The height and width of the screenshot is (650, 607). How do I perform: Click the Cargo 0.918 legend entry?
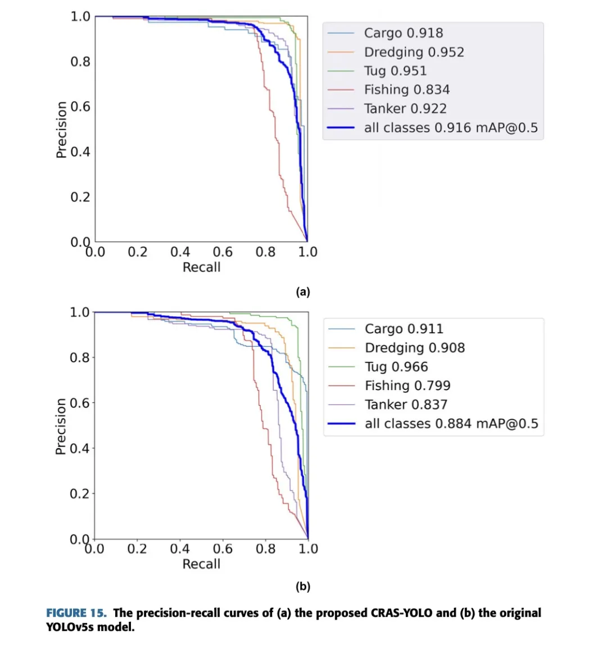[403, 33]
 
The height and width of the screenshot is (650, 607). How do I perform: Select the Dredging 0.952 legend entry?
[414, 52]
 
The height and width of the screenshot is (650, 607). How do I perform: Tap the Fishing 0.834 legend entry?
[406, 89]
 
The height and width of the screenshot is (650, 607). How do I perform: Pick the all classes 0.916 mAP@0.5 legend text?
[451, 128]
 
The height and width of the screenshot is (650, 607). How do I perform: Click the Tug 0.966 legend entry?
[396, 367]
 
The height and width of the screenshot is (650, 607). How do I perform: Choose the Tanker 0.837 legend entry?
[406, 405]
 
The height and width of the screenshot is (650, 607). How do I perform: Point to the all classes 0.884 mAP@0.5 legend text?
[451, 424]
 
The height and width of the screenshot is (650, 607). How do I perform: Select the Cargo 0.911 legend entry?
[404, 329]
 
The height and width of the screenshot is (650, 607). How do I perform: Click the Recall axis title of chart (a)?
[201, 267]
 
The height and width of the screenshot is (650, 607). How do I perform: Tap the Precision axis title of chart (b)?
[61, 426]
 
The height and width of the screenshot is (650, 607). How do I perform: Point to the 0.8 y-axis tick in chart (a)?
[80, 61]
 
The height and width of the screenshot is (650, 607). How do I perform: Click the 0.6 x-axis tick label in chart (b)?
[223, 549]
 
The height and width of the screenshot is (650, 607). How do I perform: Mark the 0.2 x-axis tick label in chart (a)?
[138, 252]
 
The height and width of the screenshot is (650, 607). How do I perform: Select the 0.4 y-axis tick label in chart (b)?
[80, 449]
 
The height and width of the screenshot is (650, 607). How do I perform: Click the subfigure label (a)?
[303, 292]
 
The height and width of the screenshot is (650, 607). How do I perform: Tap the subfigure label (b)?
[303, 586]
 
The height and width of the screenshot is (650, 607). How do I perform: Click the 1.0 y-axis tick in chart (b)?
[80, 312]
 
